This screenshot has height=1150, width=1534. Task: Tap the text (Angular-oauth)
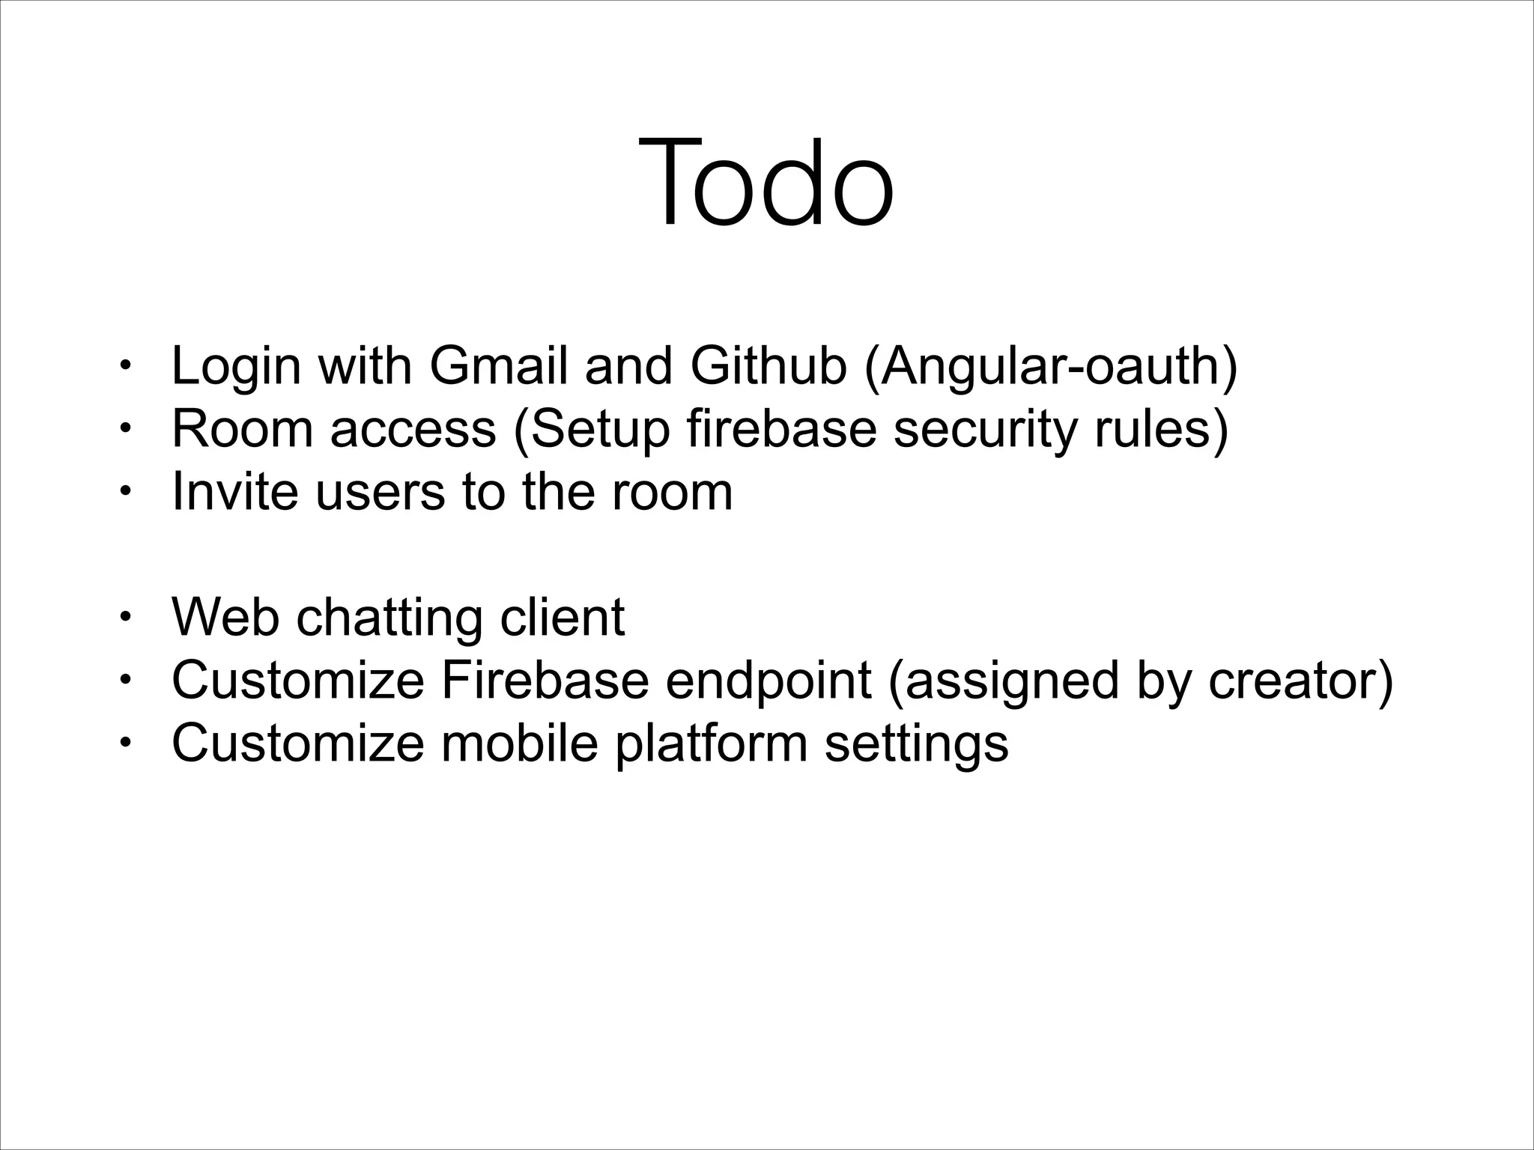(1051, 367)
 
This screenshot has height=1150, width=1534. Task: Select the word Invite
(234, 491)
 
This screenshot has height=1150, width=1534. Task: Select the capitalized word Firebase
(545, 680)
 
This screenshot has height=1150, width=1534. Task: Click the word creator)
(1300, 680)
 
